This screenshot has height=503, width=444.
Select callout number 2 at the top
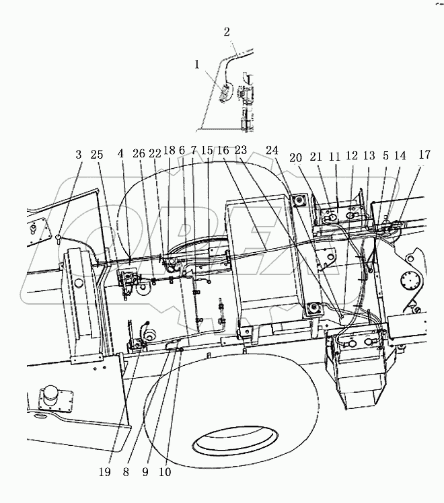[226, 32]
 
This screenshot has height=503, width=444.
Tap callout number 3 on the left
[79, 155]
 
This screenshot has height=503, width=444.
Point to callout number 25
[98, 155]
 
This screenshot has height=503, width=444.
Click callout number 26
[139, 155]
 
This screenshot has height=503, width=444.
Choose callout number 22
[155, 155]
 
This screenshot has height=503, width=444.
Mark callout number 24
[271, 151]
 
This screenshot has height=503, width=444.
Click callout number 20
[296, 157]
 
